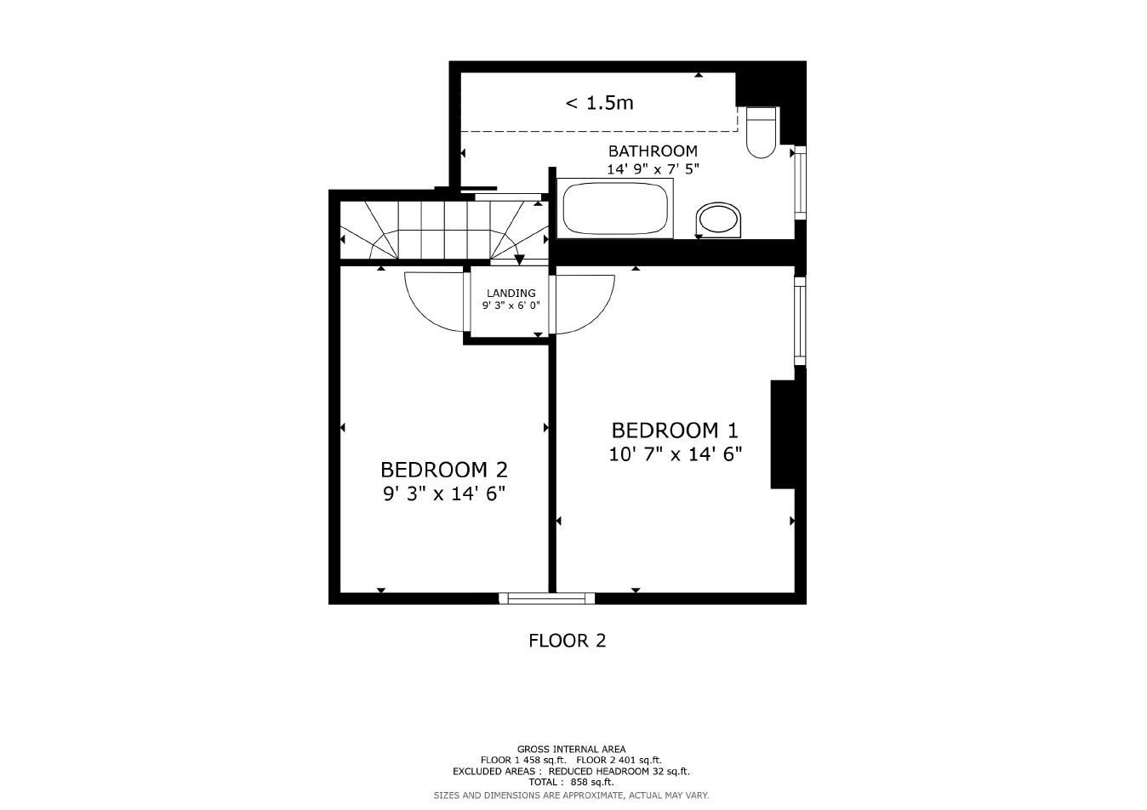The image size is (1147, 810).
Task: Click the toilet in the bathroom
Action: (761, 134)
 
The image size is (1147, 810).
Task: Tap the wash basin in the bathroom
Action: (718, 220)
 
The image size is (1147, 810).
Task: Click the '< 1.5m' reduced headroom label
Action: (600, 103)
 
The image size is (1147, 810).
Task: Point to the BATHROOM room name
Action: (653, 151)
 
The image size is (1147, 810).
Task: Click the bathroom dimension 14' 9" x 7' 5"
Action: (653, 169)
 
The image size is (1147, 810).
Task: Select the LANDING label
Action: (511, 293)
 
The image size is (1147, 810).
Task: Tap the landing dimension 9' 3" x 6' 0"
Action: (511, 305)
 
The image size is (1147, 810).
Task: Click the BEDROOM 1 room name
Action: (675, 431)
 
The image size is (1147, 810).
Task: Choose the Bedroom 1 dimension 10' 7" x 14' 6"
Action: (675, 454)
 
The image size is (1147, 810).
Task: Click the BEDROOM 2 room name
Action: (444, 470)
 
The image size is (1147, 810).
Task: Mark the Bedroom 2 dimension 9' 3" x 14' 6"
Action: (444, 493)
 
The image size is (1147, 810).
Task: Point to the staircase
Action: (442, 230)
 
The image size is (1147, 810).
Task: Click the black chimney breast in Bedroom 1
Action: (782, 434)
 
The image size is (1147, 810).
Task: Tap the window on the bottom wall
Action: (546, 599)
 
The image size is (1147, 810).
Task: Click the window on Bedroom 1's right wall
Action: (800, 321)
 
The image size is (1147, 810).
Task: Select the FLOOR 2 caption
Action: (567, 641)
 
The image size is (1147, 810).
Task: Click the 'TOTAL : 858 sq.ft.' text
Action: (571, 782)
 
